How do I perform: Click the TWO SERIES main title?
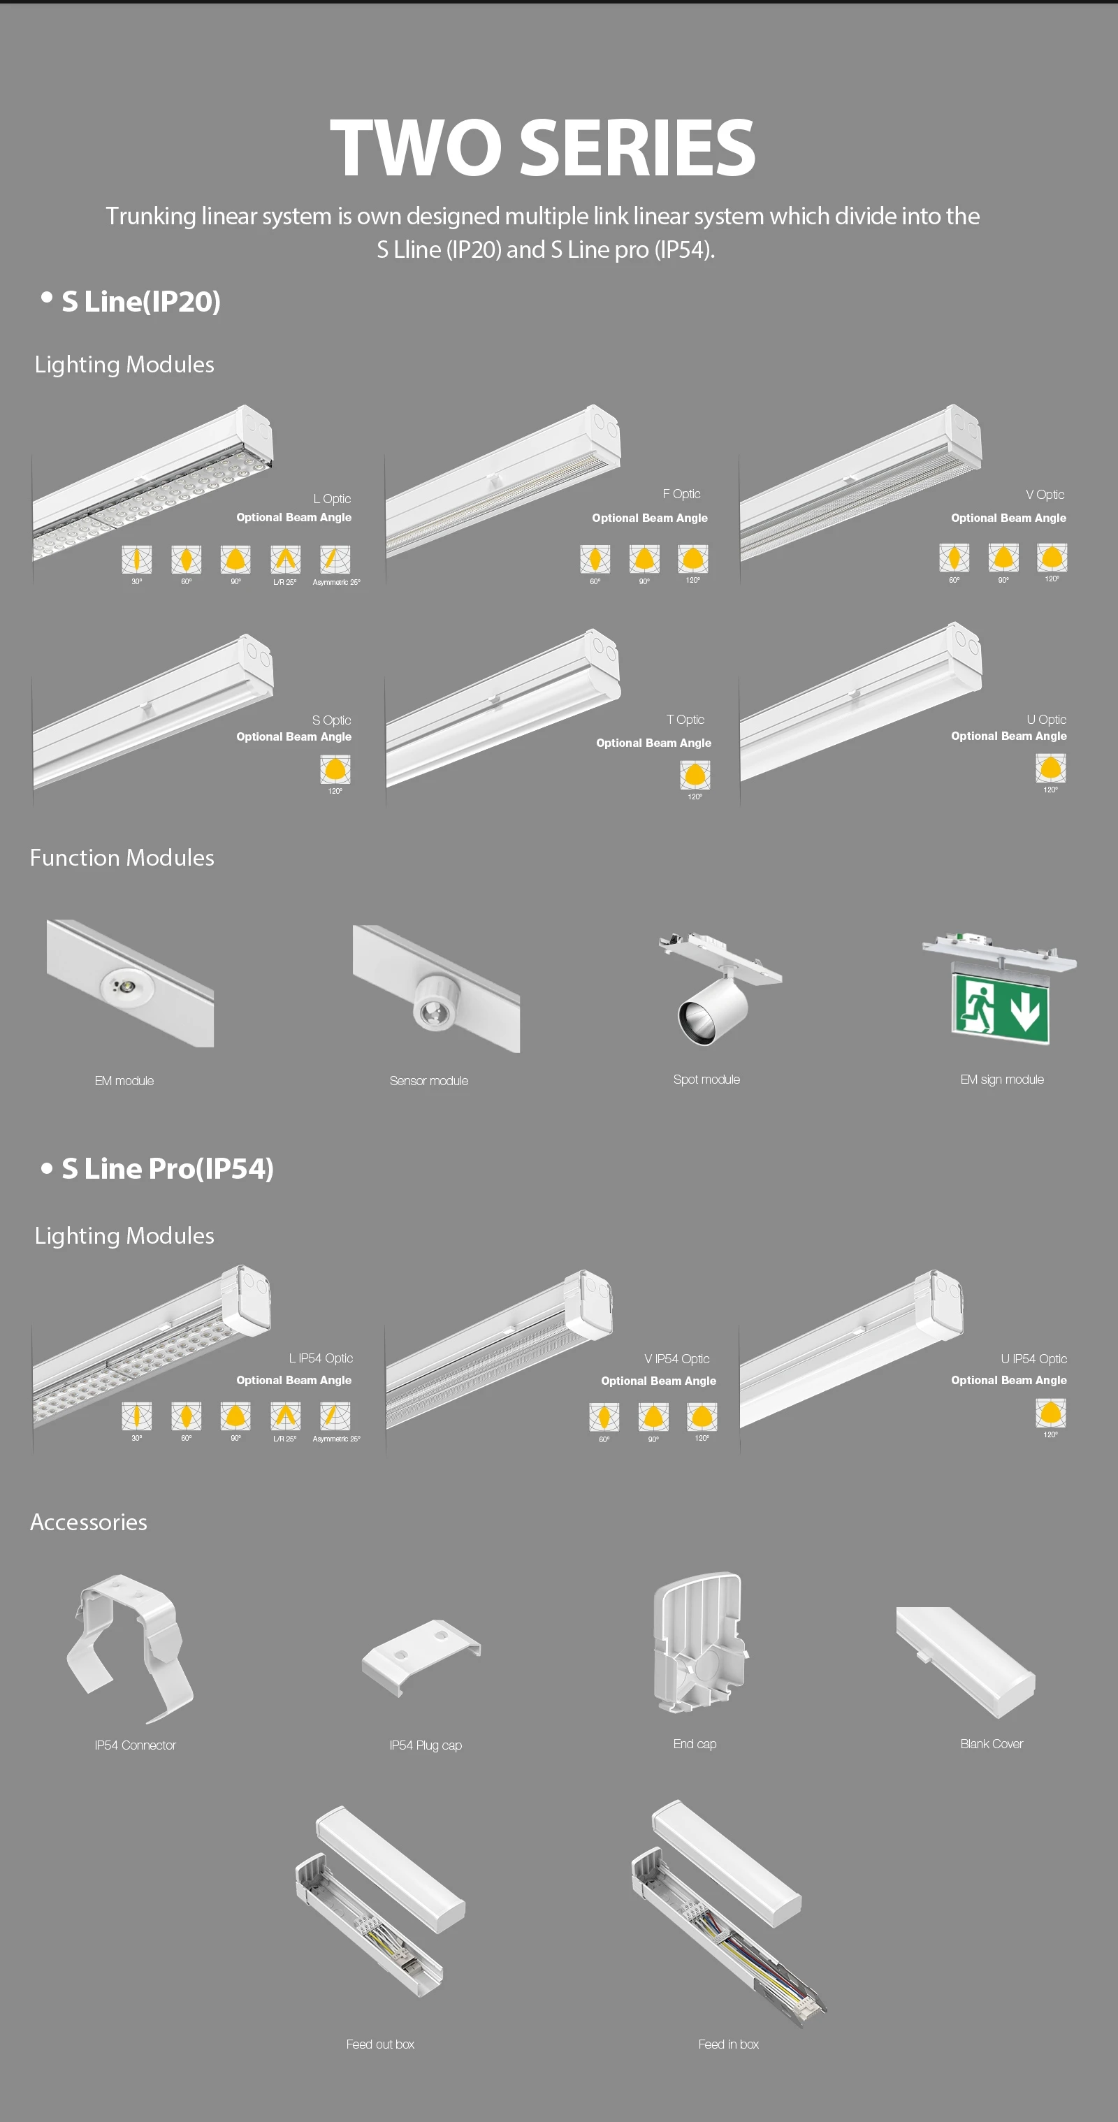pyautogui.click(x=542, y=147)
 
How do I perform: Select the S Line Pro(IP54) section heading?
pyautogui.click(x=167, y=1168)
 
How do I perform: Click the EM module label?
pyautogui.click(x=124, y=1081)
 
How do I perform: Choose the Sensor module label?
pyautogui.click(x=428, y=1081)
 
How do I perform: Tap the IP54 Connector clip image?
pyautogui.click(x=130, y=1649)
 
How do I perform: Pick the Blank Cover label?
pyautogui.click(x=991, y=1744)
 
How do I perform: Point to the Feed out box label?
pyautogui.click(x=380, y=2044)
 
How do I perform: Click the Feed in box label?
pyautogui.click(x=728, y=2044)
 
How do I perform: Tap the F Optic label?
pyautogui.click(x=681, y=494)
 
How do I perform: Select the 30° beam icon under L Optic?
pyautogui.click(x=137, y=560)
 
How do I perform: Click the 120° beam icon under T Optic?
pyautogui.click(x=695, y=774)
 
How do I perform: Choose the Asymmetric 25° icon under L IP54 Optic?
pyautogui.click(x=335, y=1416)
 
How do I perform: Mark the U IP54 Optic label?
pyautogui.click(x=1033, y=1359)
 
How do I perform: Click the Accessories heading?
pyautogui.click(x=89, y=1523)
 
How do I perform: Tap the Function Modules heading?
pyautogui.click(x=122, y=857)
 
